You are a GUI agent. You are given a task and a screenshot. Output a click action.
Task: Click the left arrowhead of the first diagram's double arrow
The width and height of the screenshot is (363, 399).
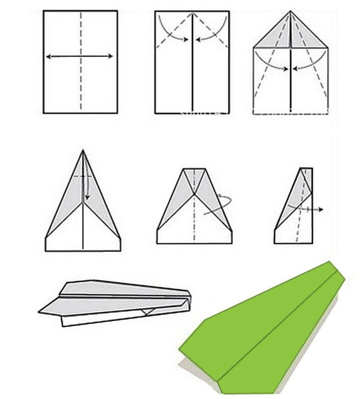click(x=48, y=57)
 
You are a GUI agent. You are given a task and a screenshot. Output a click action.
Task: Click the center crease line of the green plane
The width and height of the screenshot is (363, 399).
click(x=275, y=328)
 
